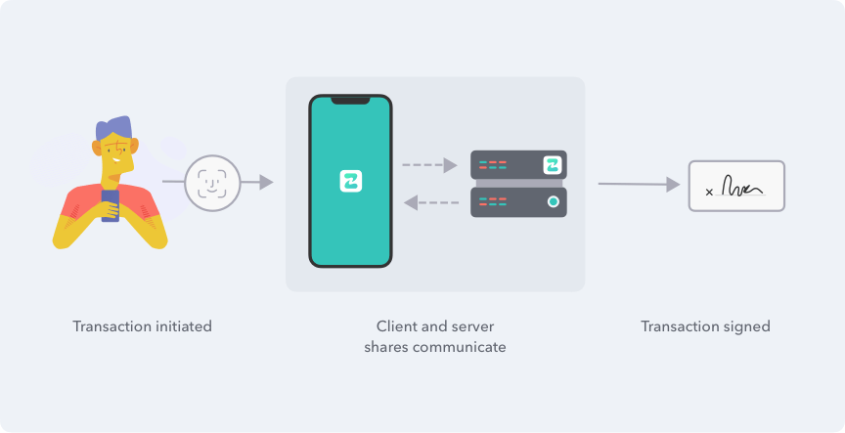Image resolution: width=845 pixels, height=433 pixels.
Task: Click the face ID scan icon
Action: click(212, 182)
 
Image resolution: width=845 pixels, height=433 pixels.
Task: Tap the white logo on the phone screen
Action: click(350, 182)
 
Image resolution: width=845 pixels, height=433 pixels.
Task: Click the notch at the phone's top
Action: click(350, 99)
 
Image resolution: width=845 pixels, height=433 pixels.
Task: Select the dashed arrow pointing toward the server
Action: click(429, 165)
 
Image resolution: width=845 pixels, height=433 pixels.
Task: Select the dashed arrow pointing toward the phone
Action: click(431, 202)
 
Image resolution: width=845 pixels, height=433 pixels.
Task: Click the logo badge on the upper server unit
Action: click(553, 165)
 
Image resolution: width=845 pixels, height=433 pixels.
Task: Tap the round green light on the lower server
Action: click(553, 202)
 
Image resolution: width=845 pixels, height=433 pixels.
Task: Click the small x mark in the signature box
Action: click(709, 193)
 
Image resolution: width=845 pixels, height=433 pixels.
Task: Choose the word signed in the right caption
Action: click(748, 326)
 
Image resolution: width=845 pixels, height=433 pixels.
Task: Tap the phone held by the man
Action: click(111, 204)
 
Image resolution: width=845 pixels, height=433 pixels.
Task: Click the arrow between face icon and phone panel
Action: click(256, 182)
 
